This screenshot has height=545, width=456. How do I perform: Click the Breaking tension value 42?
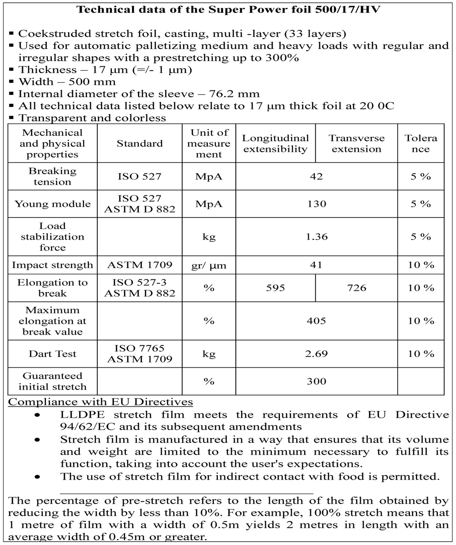pyautogui.click(x=316, y=176)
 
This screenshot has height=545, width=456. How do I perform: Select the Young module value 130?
pyautogui.click(x=316, y=204)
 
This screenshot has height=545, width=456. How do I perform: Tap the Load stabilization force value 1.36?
pyautogui.click(x=316, y=237)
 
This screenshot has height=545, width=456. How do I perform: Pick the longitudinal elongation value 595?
pyautogui.click(x=275, y=288)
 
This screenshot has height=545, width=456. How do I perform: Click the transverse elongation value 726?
pyautogui.click(x=356, y=288)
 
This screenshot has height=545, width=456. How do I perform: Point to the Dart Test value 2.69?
pyautogui.click(x=316, y=354)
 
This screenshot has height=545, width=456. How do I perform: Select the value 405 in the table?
pyautogui.click(x=316, y=321)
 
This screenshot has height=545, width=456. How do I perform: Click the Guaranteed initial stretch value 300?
pyautogui.click(x=316, y=381)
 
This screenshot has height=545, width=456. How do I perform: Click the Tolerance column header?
pyautogui.click(x=421, y=144)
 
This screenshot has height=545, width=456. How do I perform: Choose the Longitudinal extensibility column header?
pyautogui.click(x=275, y=144)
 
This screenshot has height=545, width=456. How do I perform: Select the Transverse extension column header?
pyautogui.click(x=356, y=144)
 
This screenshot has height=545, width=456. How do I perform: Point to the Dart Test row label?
pyautogui.click(x=52, y=354)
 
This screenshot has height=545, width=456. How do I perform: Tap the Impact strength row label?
pyautogui.click(x=52, y=265)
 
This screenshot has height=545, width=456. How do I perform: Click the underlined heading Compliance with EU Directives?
pyautogui.click(x=100, y=402)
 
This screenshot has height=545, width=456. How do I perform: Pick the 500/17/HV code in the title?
pyautogui.click(x=348, y=10)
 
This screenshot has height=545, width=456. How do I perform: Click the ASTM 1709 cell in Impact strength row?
pyautogui.click(x=140, y=265)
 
